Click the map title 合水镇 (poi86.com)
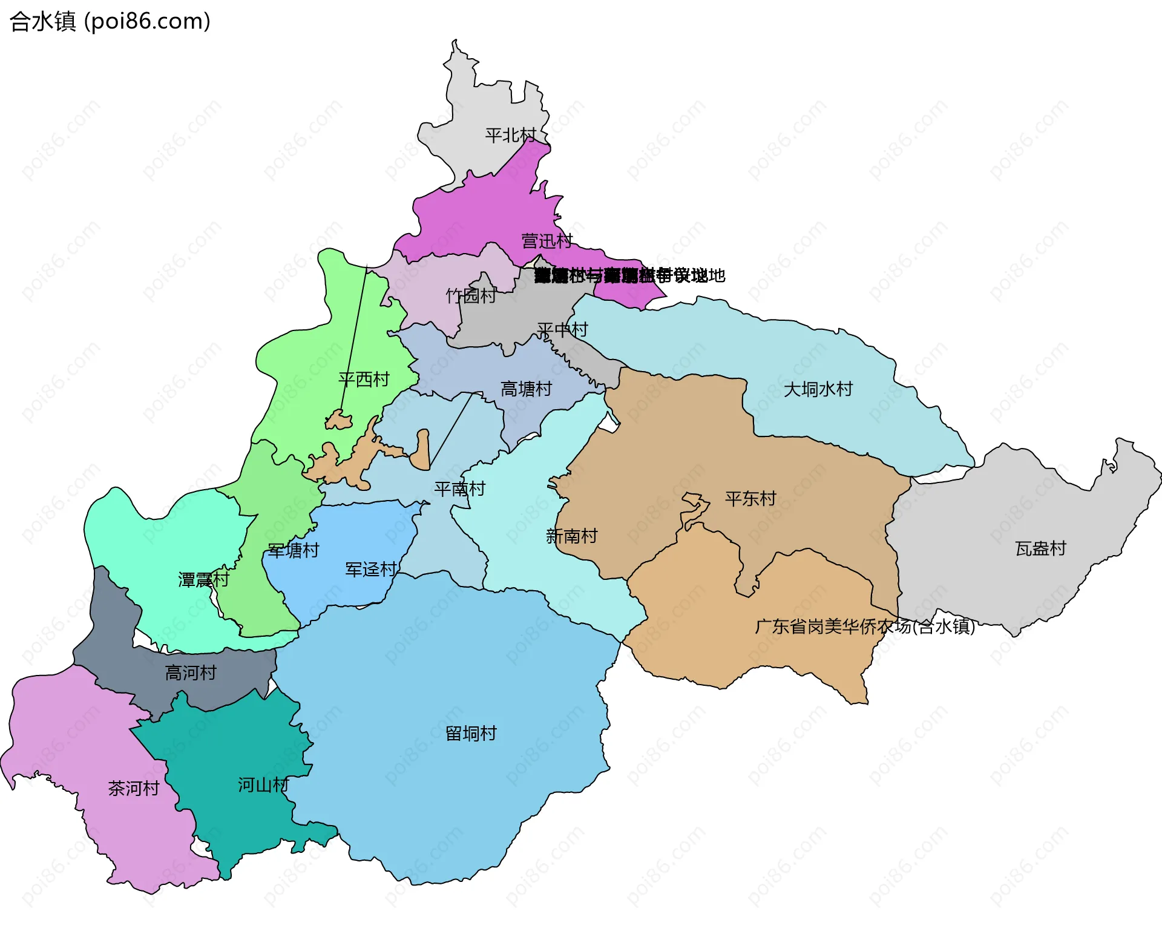[110, 21]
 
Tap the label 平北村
[510, 135]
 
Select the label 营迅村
[547, 242]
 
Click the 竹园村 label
[471, 296]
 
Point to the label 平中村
[562, 330]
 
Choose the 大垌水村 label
[818, 389]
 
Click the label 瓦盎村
[1040, 549]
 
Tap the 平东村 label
[750, 499]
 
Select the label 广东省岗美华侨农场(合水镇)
[865, 627]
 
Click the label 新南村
[571, 536]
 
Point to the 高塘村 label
[526, 389]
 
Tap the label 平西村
[364, 380]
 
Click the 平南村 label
[459, 489]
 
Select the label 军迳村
[370, 570]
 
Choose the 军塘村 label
[293, 551]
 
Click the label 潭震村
[203, 580]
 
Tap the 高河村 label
[191, 673]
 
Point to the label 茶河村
[133, 789]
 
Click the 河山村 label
[263, 786]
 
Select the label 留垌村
[471, 734]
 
